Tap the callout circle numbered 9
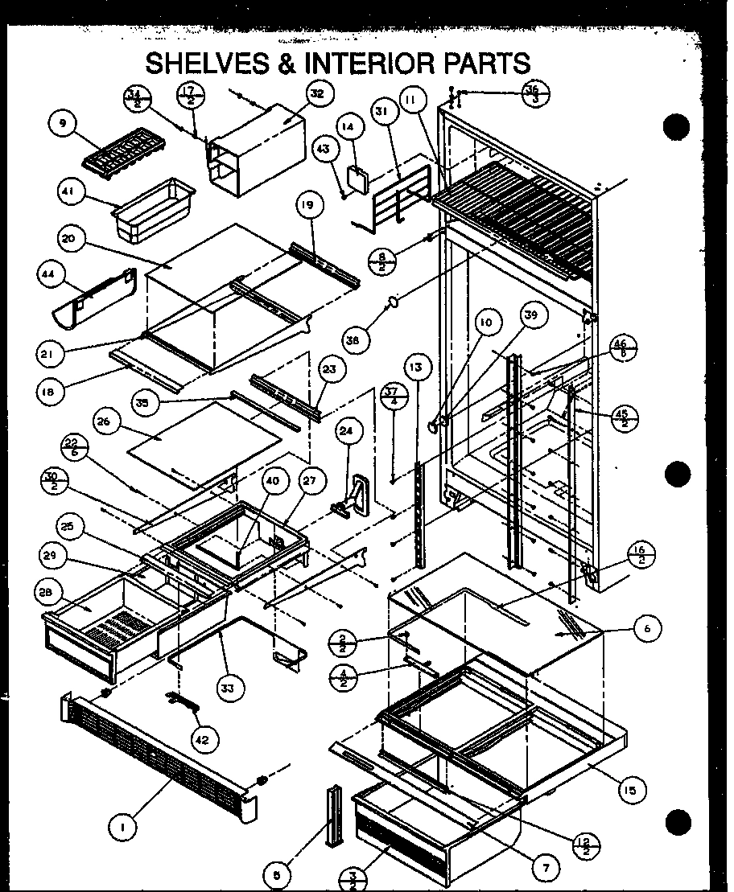point(62,124)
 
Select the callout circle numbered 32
point(316,93)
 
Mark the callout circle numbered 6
point(646,630)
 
